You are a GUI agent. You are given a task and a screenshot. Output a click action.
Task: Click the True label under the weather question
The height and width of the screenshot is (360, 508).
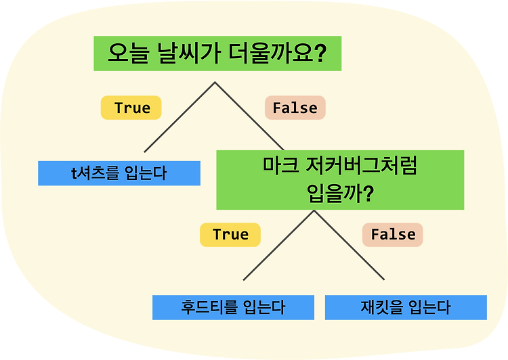point(131,108)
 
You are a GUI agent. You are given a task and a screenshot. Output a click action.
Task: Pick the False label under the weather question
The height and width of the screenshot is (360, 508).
point(295,108)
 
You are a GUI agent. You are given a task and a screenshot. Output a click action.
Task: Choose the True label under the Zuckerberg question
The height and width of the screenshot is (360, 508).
point(230,235)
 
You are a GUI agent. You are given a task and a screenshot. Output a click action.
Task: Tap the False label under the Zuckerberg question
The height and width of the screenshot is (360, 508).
point(393,235)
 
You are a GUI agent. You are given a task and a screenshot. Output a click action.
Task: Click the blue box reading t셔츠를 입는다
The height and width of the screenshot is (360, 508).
point(119,173)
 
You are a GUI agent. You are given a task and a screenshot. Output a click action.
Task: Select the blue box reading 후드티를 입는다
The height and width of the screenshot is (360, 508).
point(233,307)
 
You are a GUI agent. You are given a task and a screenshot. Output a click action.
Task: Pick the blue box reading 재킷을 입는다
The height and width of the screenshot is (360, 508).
point(406,307)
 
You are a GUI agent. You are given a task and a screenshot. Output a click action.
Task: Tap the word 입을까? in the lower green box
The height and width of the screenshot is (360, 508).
point(340,194)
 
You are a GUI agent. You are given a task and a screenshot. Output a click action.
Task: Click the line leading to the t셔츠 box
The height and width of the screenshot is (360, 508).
point(179,117)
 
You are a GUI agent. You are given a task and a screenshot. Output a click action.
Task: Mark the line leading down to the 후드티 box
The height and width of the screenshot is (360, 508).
point(278,245)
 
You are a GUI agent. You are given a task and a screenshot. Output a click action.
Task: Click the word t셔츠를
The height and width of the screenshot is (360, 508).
point(96,173)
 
